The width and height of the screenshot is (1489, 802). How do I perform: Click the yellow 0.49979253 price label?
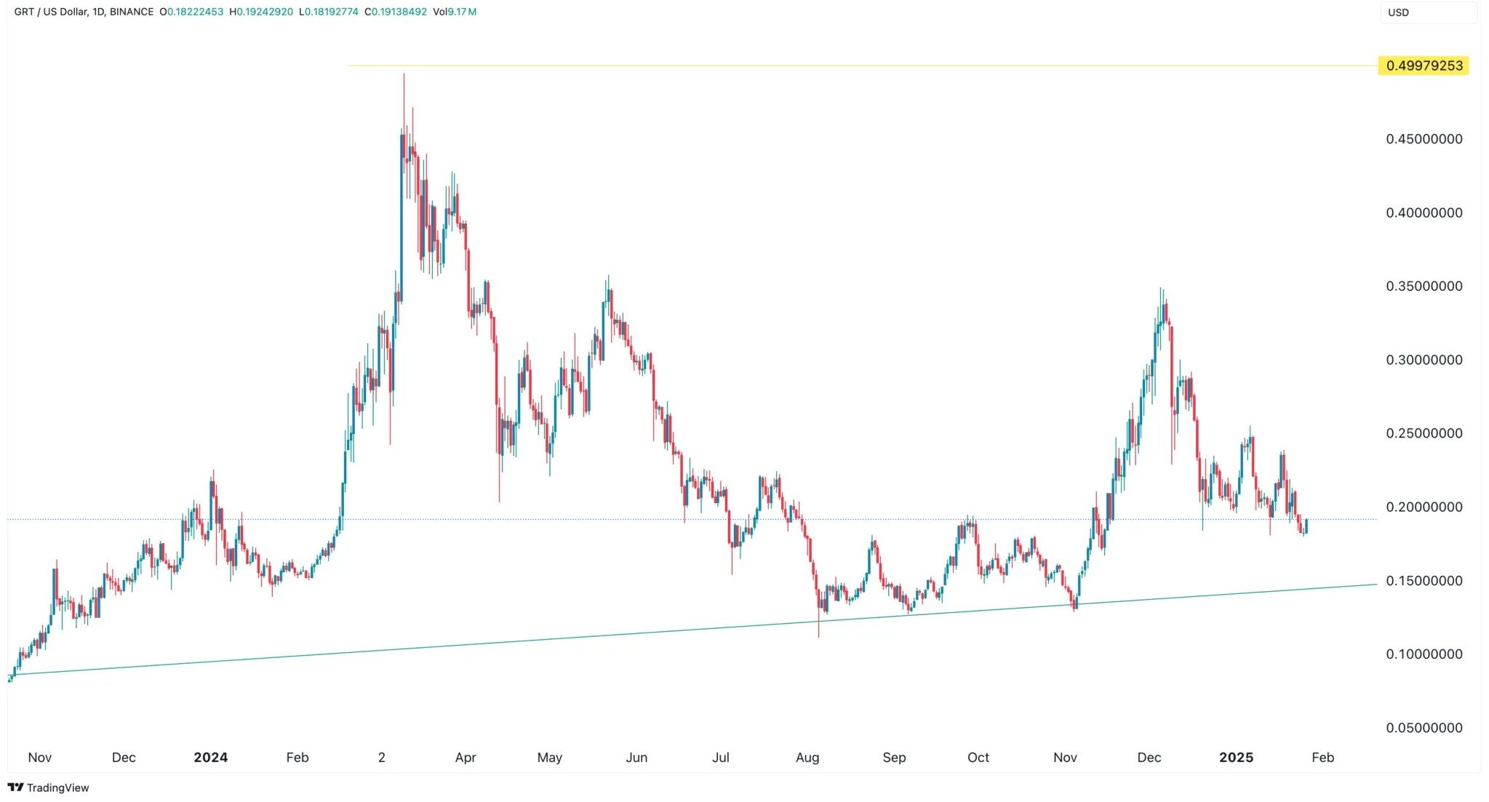pos(1424,65)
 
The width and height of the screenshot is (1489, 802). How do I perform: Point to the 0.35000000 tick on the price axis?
pos(1424,286)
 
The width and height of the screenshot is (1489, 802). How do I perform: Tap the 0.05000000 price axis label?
pos(1424,728)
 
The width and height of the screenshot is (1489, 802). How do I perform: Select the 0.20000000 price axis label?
pos(1424,507)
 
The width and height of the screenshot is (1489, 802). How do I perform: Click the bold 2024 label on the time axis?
pos(210,758)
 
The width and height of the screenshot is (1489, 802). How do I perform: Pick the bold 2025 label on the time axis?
pos(1236,758)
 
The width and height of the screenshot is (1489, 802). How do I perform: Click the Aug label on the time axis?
pos(807,758)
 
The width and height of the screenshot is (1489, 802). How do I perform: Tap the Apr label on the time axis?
pos(466,758)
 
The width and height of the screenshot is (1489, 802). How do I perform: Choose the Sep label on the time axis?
pos(894,758)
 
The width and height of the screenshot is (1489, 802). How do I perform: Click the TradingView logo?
pos(48,787)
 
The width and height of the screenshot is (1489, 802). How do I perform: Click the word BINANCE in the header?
pos(131,12)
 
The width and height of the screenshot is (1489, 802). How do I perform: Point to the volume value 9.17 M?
pos(462,12)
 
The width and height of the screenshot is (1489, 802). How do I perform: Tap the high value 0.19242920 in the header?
pos(265,12)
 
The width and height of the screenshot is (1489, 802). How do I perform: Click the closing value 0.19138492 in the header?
pos(399,12)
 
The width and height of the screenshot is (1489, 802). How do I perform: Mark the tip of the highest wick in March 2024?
pos(404,74)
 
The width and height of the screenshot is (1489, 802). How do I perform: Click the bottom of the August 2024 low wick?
pos(819,637)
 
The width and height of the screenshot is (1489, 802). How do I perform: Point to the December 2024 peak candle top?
pos(1161,289)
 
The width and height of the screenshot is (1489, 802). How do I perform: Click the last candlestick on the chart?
pos(1306,526)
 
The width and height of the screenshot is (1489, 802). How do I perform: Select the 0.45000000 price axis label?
pos(1424,139)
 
